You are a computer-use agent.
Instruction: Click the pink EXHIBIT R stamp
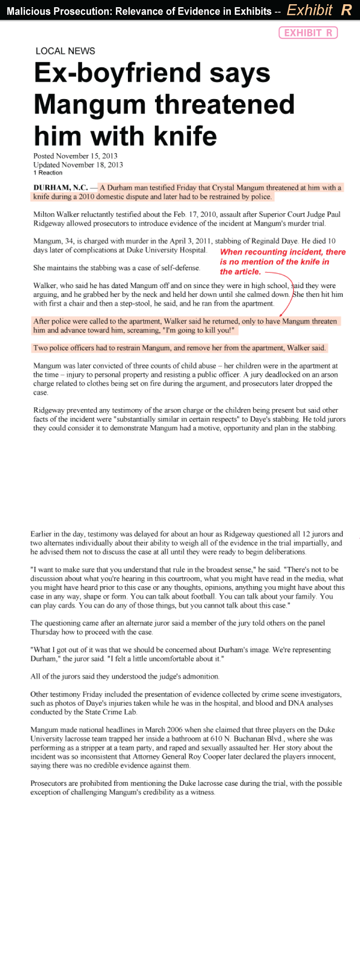click(308, 33)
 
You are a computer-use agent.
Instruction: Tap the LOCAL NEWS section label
click(65, 51)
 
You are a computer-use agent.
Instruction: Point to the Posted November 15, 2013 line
click(75, 156)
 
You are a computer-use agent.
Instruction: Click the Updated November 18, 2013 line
click(78, 165)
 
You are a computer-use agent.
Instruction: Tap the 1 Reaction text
click(48, 173)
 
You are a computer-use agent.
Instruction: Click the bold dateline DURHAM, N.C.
click(61, 188)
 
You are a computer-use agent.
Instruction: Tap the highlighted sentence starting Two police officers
click(179, 348)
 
